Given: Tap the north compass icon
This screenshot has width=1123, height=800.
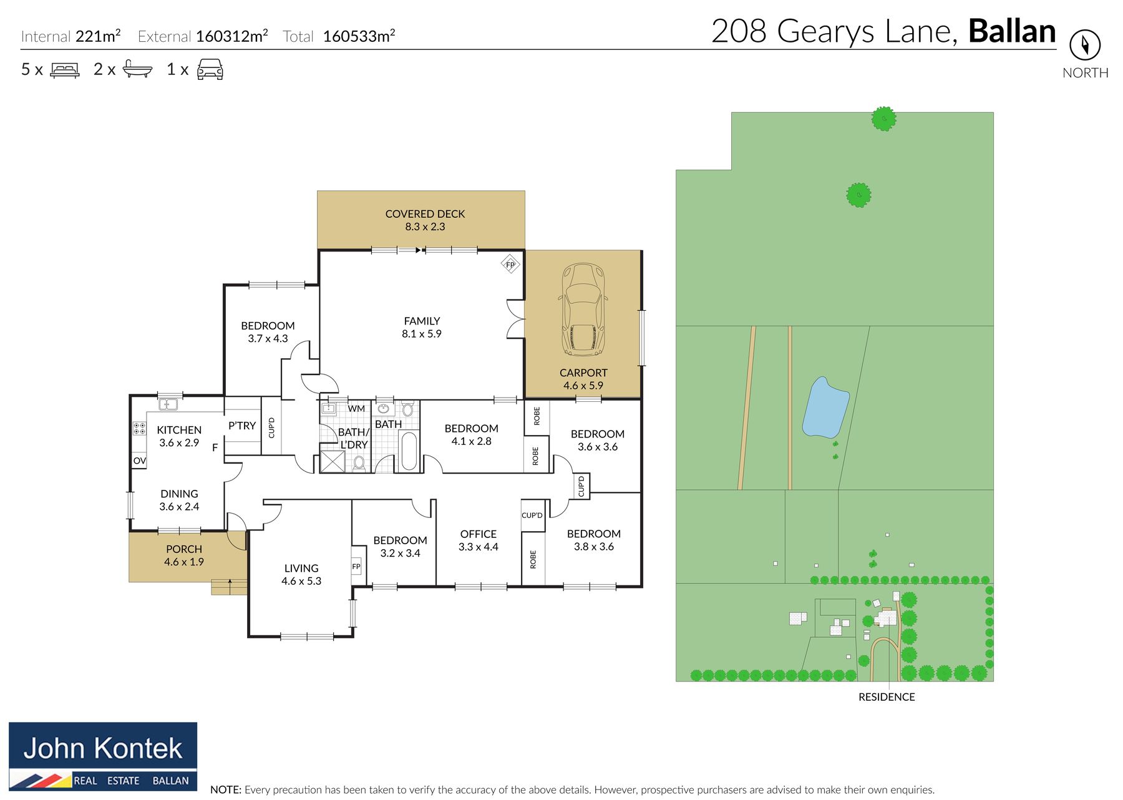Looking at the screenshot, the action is coord(1085,45).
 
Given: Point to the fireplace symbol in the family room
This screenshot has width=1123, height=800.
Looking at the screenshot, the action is coord(510,265).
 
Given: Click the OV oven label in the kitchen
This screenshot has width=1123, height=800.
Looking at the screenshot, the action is coord(140,461).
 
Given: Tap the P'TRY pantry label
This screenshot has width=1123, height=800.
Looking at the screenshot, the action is coord(242,426).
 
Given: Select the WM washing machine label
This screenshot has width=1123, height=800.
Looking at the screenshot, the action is coord(356,409).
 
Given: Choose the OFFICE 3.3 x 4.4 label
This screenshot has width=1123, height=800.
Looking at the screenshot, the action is coord(479,540).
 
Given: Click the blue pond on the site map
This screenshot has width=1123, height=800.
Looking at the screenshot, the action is coord(825,407).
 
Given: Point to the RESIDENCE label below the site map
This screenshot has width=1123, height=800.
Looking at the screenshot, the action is coord(887,697).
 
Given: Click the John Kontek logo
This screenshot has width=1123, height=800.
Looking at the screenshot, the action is coord(103,756).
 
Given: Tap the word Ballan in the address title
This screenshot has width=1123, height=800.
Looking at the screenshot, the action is coord(1012,31).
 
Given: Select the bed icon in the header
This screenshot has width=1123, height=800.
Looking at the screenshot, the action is coord(65,69).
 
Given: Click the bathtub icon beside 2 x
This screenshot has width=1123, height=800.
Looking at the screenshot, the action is coord(137,69).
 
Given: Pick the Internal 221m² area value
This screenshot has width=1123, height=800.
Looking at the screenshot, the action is coord(98,36).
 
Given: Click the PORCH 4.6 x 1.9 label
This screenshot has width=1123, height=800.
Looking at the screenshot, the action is coord(184,555).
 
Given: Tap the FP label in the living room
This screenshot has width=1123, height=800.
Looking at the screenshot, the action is coord(356,567).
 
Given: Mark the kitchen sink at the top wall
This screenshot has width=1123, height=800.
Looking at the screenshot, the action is coord(168,404).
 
